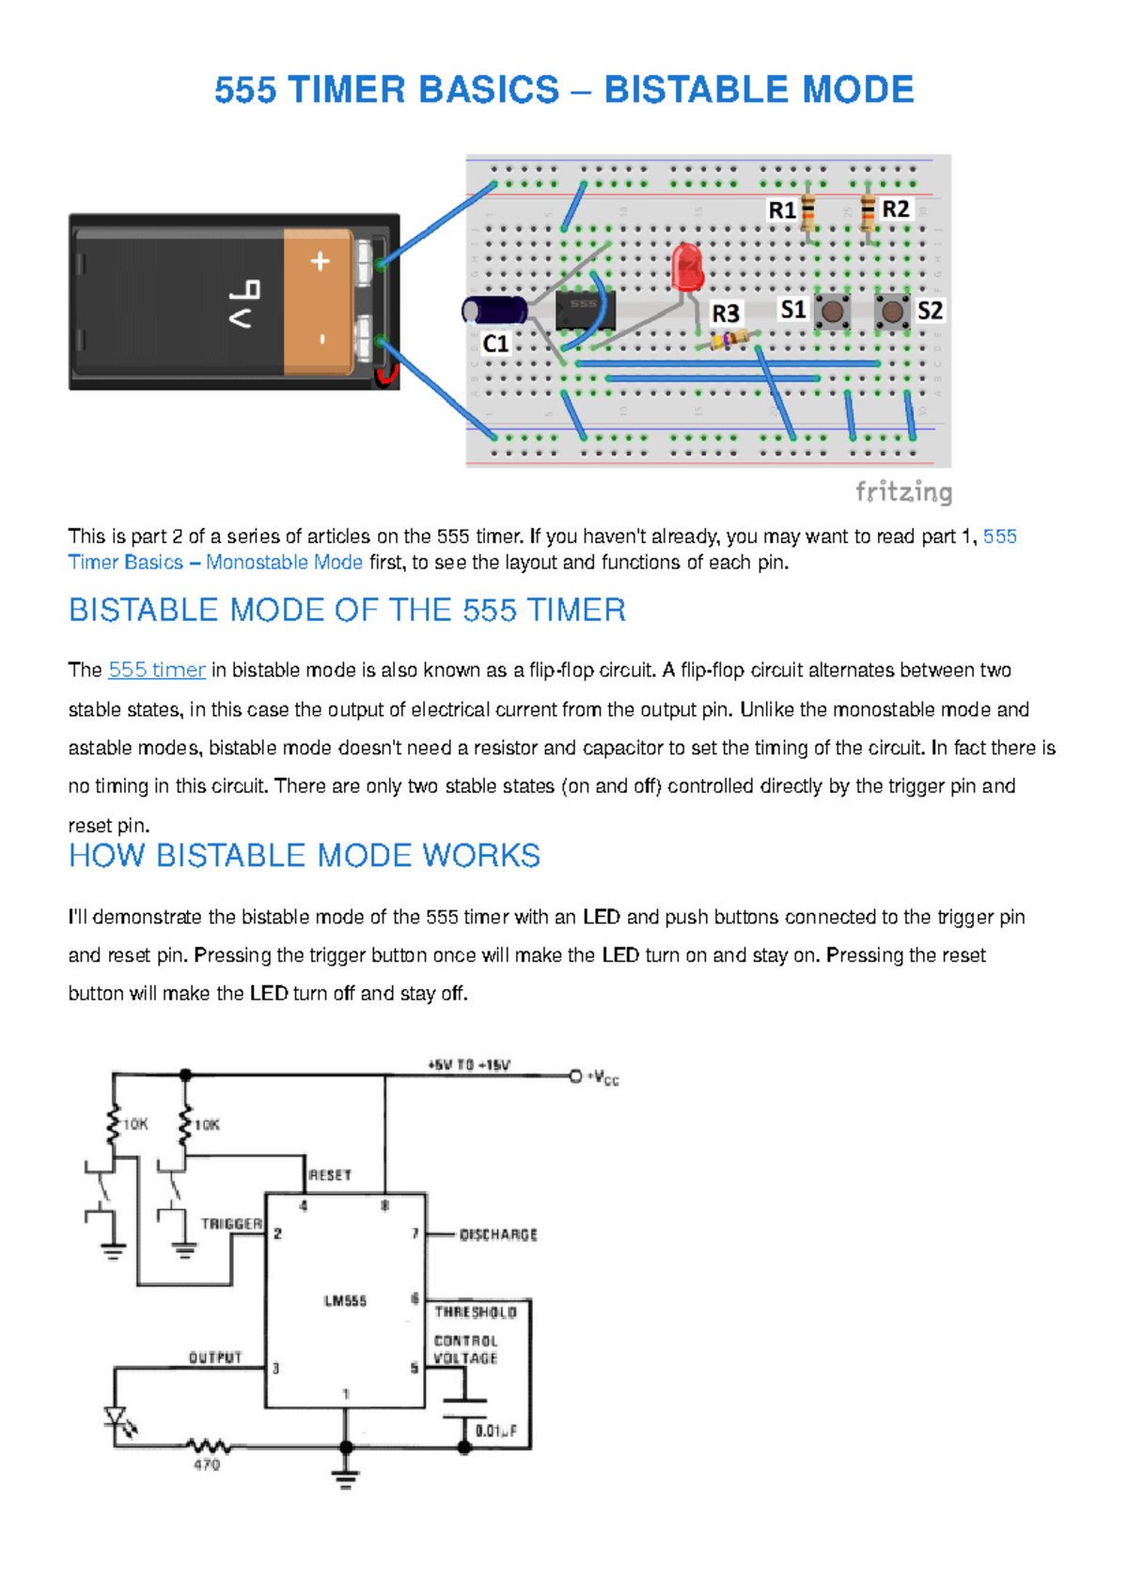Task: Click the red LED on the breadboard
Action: pos(688,266)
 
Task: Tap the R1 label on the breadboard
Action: pos(782,210)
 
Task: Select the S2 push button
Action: pos(891,311)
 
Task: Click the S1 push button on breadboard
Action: pos(832,311)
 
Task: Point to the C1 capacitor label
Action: pos(495,344)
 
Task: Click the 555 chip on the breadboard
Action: pos(585,310)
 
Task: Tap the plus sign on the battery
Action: pos(321,261)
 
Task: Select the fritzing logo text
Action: pos(903,491)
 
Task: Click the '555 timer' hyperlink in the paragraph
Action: pos(157,670)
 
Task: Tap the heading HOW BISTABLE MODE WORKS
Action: pos(305,856)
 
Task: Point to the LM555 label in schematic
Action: pos(345,1301)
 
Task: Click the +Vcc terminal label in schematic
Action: pos(603,1077)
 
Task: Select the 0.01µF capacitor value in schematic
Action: pos(495,1431)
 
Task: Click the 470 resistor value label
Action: pos(207,1464)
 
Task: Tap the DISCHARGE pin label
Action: pos(498,1234)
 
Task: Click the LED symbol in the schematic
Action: pos(117,1417)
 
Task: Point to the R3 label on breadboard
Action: pos(725,313)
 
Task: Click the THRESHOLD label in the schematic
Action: pos(476,1311)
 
